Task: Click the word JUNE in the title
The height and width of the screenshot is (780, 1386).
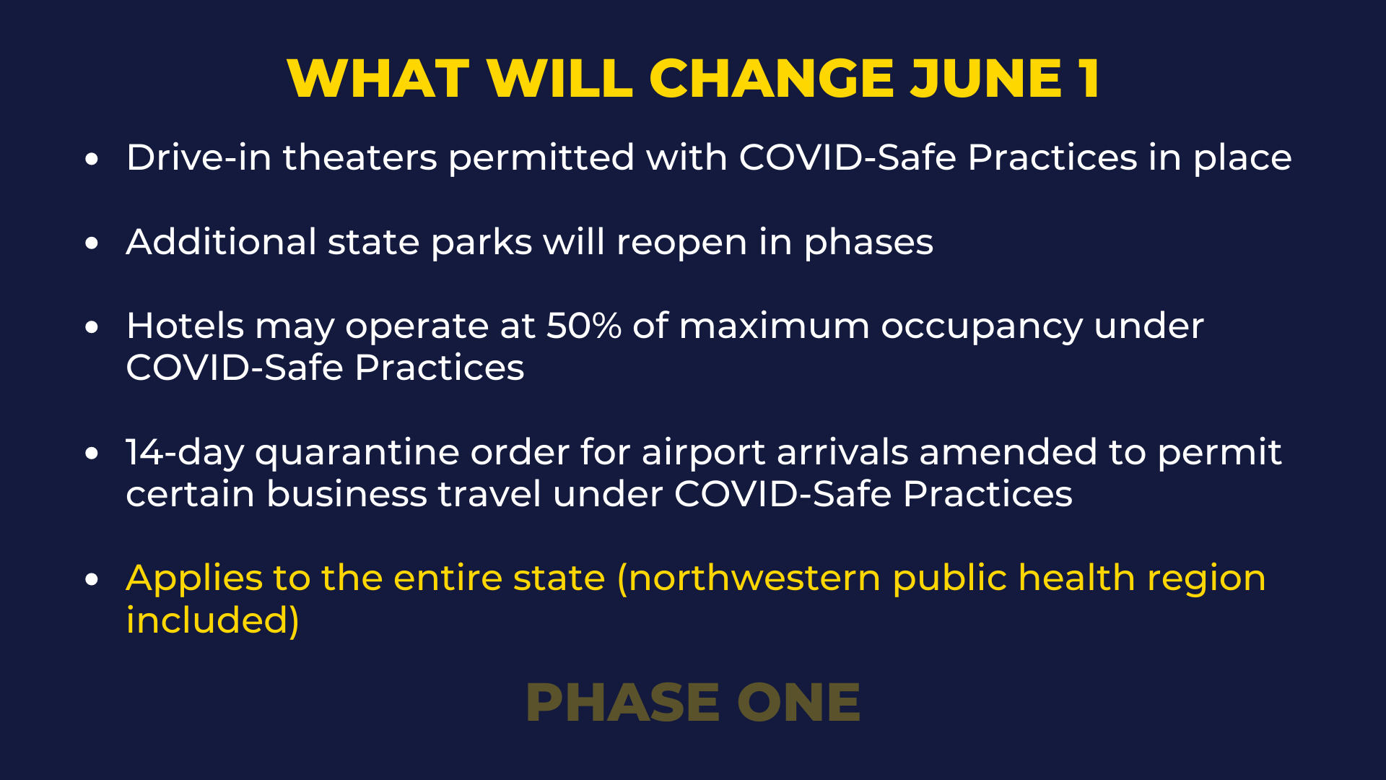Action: (x=985, y=78)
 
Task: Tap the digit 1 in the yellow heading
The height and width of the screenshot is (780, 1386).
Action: (x=1089, y=78)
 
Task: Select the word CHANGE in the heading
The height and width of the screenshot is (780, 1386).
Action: (x=772, y=78)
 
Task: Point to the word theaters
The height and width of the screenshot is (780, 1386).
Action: (x=359, y=157)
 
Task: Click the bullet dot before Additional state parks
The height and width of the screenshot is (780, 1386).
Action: (x=91, y=243)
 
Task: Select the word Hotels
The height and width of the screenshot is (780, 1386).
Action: (x=185, y=326)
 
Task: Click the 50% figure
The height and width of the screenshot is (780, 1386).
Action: (x=584, y=326)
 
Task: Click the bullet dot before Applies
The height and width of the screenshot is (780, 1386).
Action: (x=91, y=579)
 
